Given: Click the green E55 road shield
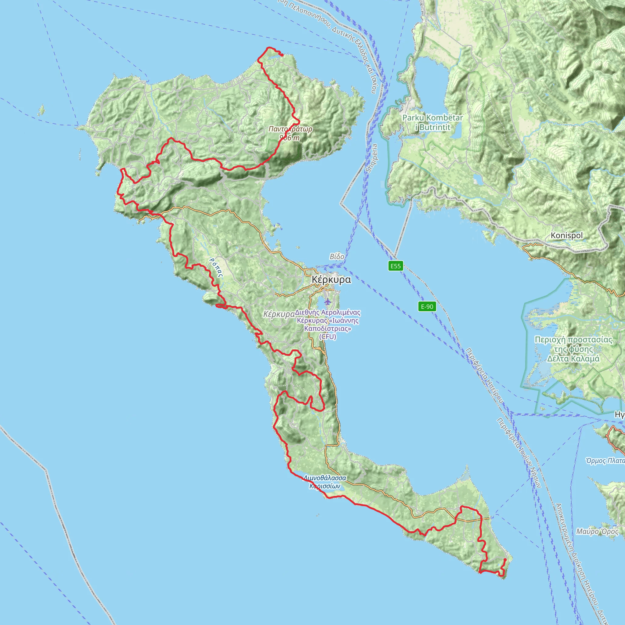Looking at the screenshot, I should (395, 266).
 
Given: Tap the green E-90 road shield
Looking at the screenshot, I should (427, 306).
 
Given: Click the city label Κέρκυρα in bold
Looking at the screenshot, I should (331, 280).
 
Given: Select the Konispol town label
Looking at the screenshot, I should (566, 236).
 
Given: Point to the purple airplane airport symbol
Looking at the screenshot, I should (328, 302).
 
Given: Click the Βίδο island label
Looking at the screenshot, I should (337, 257).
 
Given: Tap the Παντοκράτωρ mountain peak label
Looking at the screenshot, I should (290, 129).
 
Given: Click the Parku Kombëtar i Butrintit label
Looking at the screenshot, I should (432, 122).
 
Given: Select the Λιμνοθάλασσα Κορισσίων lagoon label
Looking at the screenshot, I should (324, 482).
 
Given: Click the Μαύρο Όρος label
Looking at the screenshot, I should (597, 532).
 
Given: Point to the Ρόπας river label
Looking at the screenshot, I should (216, 268).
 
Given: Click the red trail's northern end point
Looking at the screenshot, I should (282, 55).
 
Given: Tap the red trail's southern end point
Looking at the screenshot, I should (505, 559).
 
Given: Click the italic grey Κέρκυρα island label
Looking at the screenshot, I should (279, 314).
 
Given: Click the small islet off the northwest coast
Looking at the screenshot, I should (41, 111).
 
